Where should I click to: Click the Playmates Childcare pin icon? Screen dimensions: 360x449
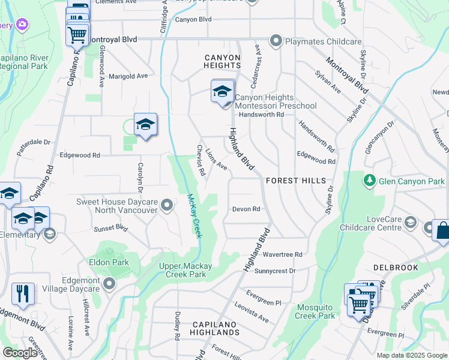point(276,41)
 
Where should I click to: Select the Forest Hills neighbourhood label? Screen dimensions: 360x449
point(296,181)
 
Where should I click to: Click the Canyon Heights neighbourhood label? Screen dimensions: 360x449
point(222,61)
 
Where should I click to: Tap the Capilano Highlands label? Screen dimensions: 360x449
point(216,328)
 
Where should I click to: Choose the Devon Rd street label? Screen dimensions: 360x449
point(246,209)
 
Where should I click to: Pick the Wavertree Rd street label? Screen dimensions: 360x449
point(282,254)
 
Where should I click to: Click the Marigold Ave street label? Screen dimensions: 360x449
point(128,76)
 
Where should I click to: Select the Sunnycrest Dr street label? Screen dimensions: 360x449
point(275,271)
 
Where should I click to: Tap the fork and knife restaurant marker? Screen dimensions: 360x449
point(23,294)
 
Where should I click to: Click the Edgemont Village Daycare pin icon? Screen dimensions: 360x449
point(109,283)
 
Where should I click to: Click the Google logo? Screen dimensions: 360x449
point(20,353)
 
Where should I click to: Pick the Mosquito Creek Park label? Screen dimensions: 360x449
point(316,311)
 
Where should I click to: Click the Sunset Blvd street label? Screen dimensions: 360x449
point(110,229)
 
